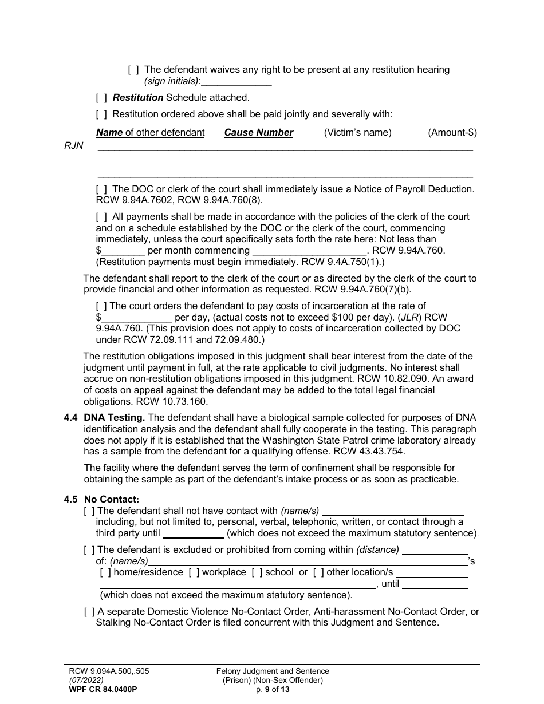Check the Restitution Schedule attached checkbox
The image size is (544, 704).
101,98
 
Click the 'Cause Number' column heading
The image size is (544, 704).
258,133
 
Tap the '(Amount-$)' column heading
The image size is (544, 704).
452,133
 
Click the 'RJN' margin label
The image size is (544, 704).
73,146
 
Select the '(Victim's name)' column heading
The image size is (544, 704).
357,133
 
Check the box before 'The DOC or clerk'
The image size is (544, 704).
101,189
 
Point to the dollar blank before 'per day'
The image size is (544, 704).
136,318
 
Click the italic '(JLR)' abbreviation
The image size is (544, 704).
409,318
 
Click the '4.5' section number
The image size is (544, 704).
71,499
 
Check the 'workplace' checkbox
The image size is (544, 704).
194,572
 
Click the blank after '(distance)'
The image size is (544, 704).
435,550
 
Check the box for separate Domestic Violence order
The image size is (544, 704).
89,612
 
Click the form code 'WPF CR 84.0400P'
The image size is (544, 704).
101,689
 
